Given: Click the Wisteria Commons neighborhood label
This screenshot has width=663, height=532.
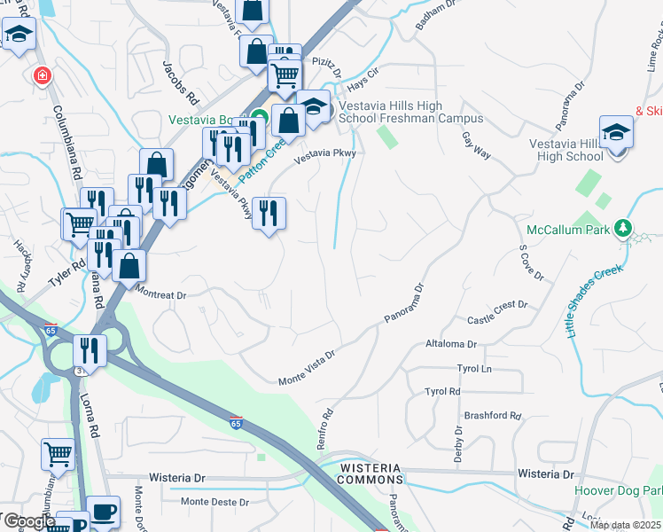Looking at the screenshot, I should [369, 473].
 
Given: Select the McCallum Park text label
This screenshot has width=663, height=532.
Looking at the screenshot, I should [567, 230].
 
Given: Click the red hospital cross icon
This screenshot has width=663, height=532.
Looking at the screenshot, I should [41, 76].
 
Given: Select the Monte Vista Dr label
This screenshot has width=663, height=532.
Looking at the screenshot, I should [306, 367].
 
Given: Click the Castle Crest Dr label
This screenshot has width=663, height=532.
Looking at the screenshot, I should [497, 312].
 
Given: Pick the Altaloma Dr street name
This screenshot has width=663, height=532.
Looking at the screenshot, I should [451, 343].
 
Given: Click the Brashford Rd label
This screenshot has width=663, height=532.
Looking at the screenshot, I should [492, 415].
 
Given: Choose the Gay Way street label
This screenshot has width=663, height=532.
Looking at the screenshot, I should [476, 145].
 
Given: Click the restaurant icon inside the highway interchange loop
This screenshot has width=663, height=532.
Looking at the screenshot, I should [90, 349].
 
